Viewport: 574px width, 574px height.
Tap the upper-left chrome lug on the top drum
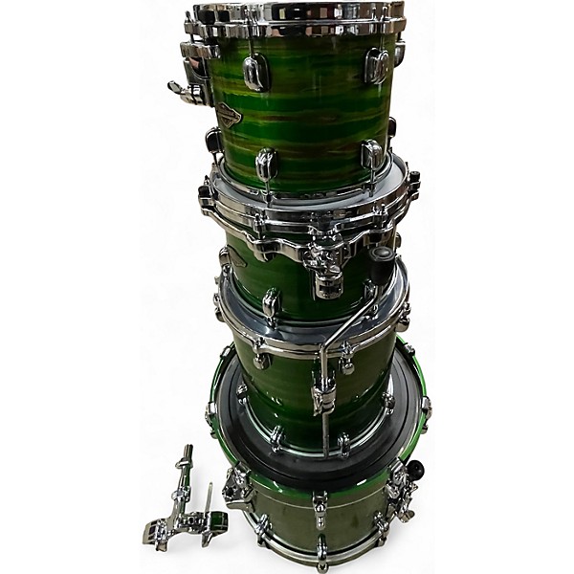[255, 72]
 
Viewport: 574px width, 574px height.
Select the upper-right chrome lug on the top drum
[376, 65]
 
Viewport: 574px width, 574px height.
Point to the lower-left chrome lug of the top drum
[267, 164]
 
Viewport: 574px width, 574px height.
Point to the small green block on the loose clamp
[218, 521]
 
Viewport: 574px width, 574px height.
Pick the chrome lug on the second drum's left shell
[271, 304]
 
